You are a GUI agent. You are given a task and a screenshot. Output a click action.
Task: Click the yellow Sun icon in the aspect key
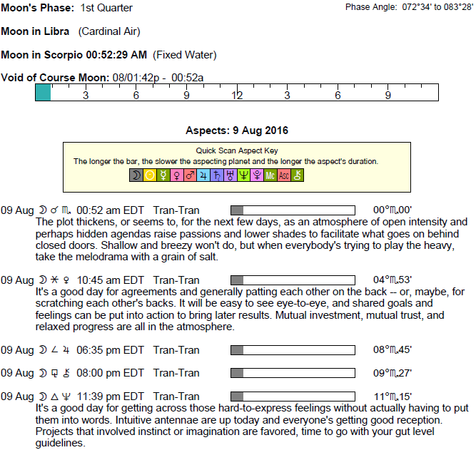[x=150, y=175]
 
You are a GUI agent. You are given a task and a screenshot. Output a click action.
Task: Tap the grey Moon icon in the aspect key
[x=136, y=175]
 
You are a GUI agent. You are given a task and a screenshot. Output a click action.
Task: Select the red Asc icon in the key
[x=284, y=175]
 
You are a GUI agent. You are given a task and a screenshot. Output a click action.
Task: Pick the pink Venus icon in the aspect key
[x=177, y=175]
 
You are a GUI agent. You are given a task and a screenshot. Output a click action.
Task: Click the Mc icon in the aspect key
[x=270, y=175]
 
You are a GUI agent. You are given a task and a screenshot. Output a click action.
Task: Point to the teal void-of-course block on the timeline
[x=43, y=92]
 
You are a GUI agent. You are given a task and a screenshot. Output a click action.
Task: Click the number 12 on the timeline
[x=237, y=96]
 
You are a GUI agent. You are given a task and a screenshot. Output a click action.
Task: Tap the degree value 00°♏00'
[x=393, y=210]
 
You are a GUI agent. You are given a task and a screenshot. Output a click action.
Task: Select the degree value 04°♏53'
[x=393, y=280]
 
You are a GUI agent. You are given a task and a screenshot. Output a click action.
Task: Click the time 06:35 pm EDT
[x=110, y=350]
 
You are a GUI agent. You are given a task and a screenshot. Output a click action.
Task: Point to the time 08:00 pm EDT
[x=110, y=373]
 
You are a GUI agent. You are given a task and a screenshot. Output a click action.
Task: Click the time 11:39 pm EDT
[x=111, y=397]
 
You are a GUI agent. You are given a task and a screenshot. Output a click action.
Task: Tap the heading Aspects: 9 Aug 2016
[x=237, y=131]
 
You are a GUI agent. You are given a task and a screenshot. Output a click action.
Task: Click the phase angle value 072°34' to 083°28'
[x=437, y=7]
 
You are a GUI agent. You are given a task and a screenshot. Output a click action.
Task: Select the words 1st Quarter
[x=106, y=8]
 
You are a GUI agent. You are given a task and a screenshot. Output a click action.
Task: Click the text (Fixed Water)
[x=185, y=55]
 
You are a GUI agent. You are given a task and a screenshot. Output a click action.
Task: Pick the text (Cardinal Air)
[x=109, y=31]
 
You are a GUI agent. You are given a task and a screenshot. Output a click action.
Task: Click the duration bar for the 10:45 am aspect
[x=293, y=280]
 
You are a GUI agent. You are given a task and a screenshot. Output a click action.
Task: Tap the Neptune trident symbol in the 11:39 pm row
[x=66, y=397]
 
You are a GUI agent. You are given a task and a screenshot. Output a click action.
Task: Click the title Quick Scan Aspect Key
[x=237, y=150]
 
